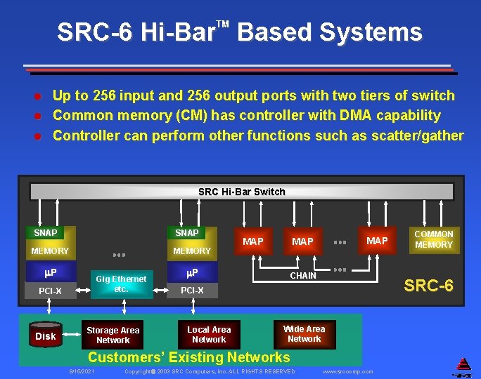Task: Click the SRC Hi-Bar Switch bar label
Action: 241,192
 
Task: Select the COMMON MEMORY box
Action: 433,239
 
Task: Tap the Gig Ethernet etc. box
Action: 121,284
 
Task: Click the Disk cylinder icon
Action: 46,335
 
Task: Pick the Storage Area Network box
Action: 113,335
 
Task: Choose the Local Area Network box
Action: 209,334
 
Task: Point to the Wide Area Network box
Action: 304,333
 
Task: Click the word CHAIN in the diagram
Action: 303,276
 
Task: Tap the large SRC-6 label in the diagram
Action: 428,285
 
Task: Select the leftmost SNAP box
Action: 46,232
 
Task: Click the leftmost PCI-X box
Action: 50,291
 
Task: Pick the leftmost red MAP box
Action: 253,241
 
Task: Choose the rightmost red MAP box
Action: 378,241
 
